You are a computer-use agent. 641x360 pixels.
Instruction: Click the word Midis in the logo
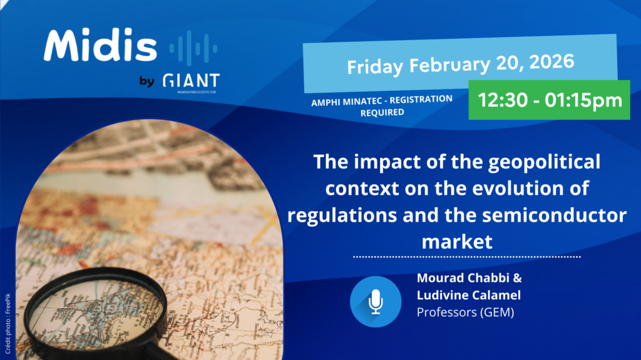(x=100, y=46)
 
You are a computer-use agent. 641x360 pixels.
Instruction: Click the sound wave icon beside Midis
(x=193, y=48)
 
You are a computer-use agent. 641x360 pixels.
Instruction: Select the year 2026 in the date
(x=551, y=62)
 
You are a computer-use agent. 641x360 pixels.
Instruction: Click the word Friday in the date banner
(x=375, y=67)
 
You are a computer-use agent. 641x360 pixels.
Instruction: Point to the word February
(x=449, y=64)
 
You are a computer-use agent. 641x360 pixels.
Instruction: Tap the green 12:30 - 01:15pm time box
(x=549, y=100)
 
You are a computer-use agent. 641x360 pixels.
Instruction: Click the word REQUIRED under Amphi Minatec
(x=382, y=113)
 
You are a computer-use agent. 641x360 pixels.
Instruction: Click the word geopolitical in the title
(x=544, y=162)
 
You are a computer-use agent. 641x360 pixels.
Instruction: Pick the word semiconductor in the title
(x=555, y=215)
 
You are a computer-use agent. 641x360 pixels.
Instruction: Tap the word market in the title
(x=457, y=242)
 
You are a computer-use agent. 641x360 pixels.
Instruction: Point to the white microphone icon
(x=376, y=302)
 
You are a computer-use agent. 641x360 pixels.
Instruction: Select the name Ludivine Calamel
(x=469, y=295)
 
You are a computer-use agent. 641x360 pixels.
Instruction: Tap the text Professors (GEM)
(x=465, y=312)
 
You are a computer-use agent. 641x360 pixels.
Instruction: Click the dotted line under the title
(x=467, y=257)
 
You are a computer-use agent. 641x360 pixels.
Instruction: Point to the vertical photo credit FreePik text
(x=8, y=324)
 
